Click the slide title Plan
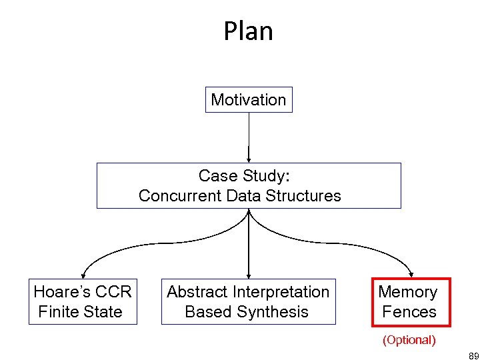point(248,31)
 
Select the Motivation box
point(248,100)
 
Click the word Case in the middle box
point(214,176)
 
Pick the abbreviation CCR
point(113,292)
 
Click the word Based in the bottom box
point(207,312)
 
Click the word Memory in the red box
point(408,292)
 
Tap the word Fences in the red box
point(409,312)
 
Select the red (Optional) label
point(409,340)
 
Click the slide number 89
point(473,355)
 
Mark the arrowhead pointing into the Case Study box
point(249,159)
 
